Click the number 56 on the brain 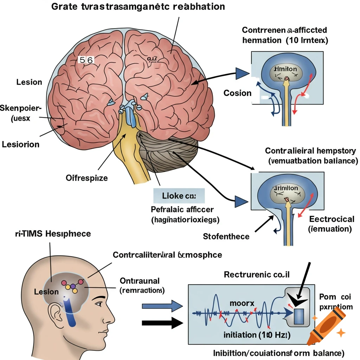click(86, 60)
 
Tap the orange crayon click(325, 326)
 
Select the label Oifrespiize click(87, 178)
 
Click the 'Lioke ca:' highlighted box click(179, 195)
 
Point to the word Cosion click(237, 93)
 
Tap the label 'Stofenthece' click(226, 236)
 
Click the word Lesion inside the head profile click(46, 292)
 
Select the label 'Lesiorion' click(21, 144)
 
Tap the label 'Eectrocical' click(332, 219)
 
